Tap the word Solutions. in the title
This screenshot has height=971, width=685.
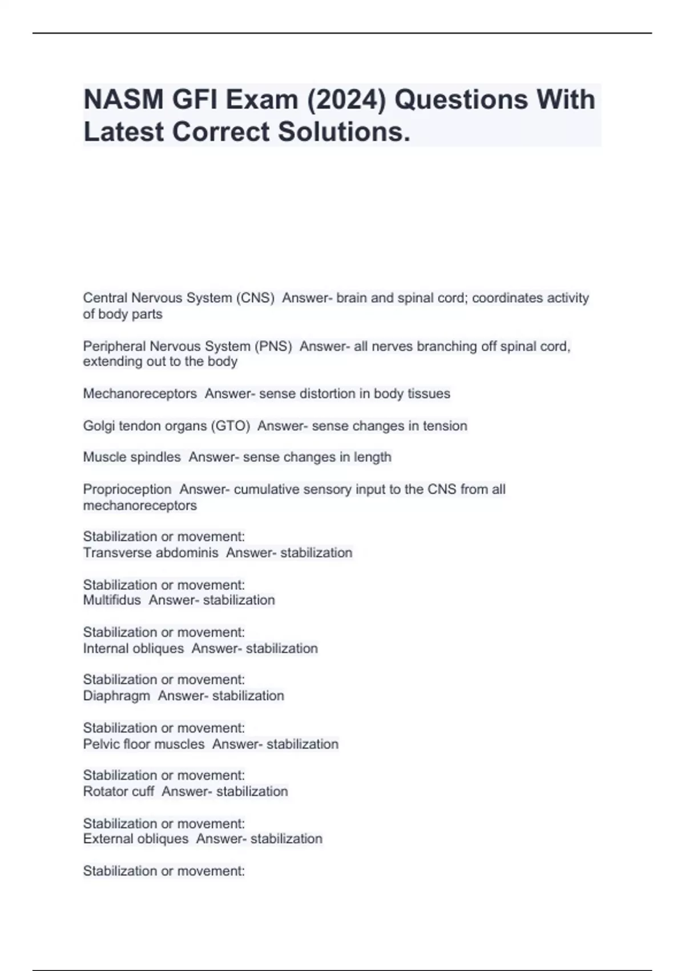click(x=344, y=132)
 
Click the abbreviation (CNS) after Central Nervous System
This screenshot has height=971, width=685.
click(x=255, y=298)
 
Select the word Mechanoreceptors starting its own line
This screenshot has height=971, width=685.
click(x=140, y=394)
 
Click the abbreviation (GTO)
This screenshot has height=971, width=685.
click(x=231, y=426)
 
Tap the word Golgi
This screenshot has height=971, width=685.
click(x=99, y=426)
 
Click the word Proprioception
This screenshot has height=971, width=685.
click(x=127, y=489)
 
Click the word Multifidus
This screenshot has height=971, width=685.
click(x=112, y=600)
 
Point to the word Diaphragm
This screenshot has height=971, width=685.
click(x=116, y=696)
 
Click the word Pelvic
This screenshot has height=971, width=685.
click(x=101, y=744)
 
